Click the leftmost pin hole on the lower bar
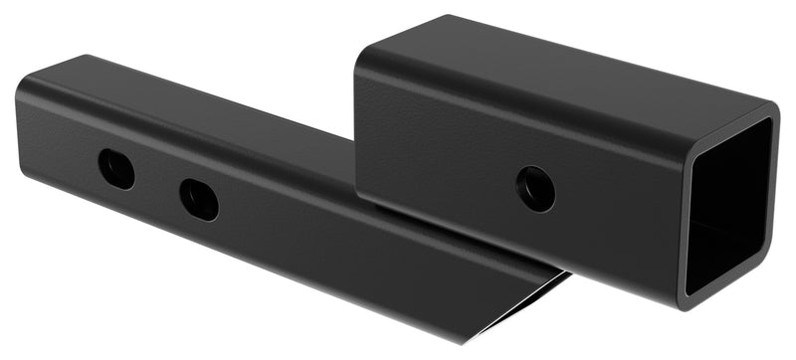coord(116,168)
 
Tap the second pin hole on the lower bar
coord(199,199)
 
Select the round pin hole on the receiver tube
coord(535,188)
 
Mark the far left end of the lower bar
coord(20,129)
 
